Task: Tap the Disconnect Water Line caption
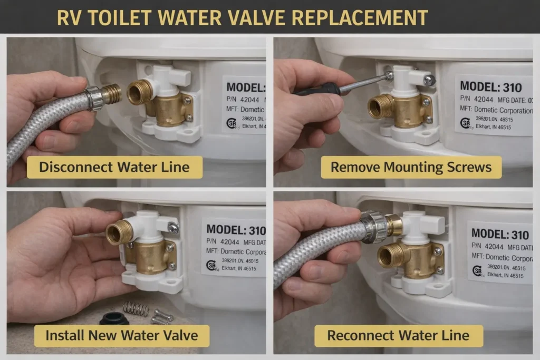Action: coord(114,168)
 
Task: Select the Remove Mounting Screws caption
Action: coord(411,168)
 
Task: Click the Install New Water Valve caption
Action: coord(121,335)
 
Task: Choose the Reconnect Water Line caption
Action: coord(398,335)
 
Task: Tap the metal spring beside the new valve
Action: coord(136,308)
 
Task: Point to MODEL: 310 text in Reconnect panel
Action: coord(500,233)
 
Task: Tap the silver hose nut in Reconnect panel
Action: coord(372,226)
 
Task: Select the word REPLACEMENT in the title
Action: coord(359,17)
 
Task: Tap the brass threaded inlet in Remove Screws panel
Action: coord(380,106)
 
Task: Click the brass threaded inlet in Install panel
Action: coord(119,232)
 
